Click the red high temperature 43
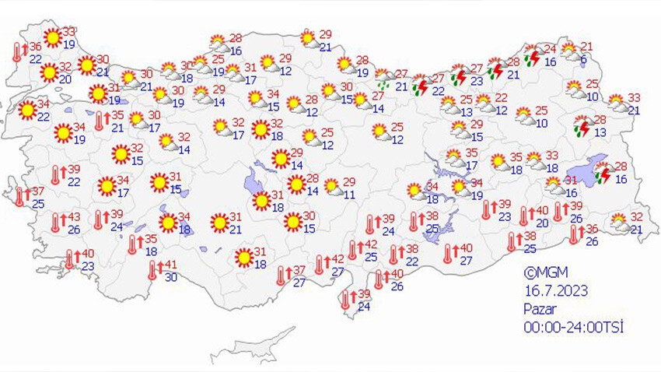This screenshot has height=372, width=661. coord(75,217)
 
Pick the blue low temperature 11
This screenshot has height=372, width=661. coord(350,195)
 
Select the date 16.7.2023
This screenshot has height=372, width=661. coord(555,291)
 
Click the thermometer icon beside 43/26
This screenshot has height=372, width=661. coord(56,223)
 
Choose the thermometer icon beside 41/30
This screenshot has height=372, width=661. coord(153,270)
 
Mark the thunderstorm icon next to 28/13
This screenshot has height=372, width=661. coord(582,126)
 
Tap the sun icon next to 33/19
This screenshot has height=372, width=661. coord(52,37)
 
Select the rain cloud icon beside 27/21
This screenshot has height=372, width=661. coord(383,79)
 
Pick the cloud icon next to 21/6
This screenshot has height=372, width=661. coord(571,51)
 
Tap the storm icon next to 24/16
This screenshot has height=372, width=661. coord(533,56)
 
